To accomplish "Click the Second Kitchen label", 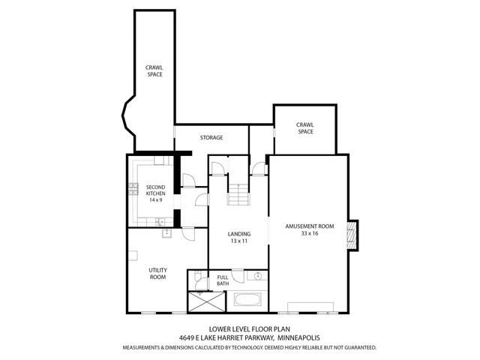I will coord(155,190).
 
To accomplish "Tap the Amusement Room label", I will coord(309,226).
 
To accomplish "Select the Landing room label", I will coord(239,234).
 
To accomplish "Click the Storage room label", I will coord(211,138).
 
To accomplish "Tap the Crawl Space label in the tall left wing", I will coord(154,70).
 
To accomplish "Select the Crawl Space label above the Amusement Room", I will coord(304,128).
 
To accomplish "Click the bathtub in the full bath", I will coord(247,301).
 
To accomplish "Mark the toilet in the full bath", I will coord(197,278).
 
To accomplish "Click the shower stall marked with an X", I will coord(207,301).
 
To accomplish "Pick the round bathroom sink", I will coord(256,276).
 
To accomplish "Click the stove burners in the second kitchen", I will coord(133,193).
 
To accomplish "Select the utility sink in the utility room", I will coord(166,233).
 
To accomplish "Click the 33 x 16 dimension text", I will coord(309,233).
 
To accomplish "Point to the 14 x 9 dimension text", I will coord(155,200).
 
